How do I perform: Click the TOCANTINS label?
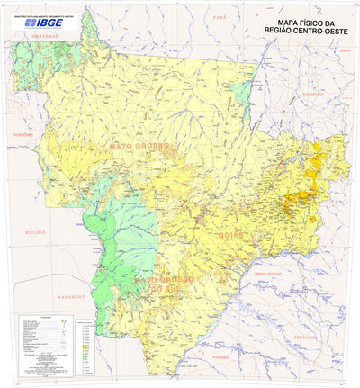pos(312,94)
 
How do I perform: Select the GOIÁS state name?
pos(229,235)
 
